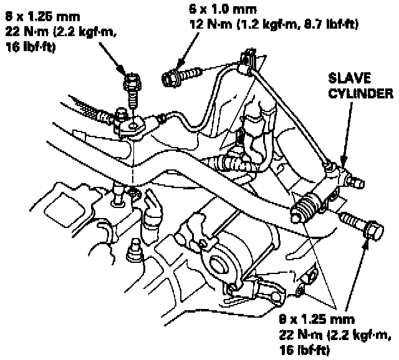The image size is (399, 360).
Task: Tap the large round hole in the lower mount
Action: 220,265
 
